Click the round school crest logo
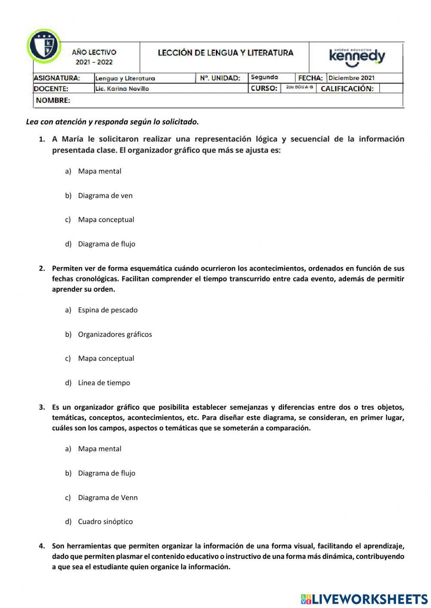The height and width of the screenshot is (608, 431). [x=44, y=46]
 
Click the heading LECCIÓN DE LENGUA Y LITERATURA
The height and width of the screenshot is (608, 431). [x=225, y=53]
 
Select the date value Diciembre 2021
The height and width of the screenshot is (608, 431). [x=351, y=78]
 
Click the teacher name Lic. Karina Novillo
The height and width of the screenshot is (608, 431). [x=122, y=89]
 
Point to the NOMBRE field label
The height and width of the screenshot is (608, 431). [x=53, y=100]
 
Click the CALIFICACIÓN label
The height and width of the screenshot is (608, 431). [x=347, y=89]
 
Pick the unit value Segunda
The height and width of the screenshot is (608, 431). [x=264, y=77]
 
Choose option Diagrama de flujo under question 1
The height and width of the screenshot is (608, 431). [x=106, y=244]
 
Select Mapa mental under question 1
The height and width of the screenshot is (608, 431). [x=100, y=171]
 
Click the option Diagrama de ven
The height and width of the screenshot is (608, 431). [x=105, y=196]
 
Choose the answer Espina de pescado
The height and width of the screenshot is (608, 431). [x=108, y=310]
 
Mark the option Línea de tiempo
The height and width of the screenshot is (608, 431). [x=104, y=383]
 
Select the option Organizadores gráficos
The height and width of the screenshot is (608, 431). [x=115, y=334]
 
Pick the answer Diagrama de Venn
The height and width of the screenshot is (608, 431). [x=108, y=498]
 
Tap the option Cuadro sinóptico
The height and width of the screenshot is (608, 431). [x=105, y=522]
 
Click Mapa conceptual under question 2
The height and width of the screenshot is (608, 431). [x=106, y=358]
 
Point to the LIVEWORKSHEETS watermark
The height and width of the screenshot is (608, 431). [x=364, y=599]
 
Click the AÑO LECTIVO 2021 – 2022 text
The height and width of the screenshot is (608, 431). [x=94, y=57]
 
